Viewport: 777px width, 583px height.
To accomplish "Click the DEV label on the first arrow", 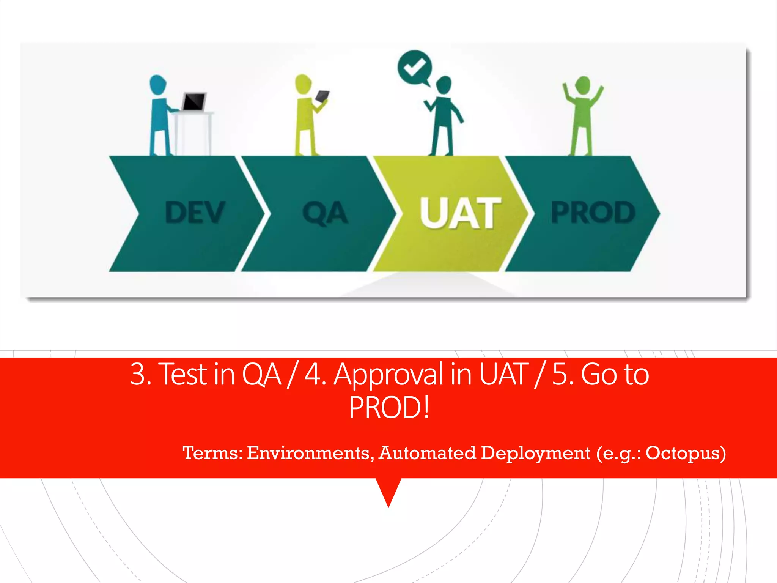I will click(195, 212).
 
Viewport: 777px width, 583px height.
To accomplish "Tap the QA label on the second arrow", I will click(325, 213).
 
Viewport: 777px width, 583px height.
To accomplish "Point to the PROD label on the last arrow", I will click(593, 212).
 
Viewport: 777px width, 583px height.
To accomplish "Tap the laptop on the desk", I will click(194, 102).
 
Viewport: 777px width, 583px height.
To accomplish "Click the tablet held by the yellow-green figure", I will click(322, 96).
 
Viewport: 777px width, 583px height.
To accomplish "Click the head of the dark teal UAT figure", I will click(444, 85).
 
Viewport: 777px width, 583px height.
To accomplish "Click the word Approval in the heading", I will click(388, 375).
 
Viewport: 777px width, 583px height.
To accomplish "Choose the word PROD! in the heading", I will click(389, 408).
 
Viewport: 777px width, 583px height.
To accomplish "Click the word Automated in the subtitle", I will click(428, 453).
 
